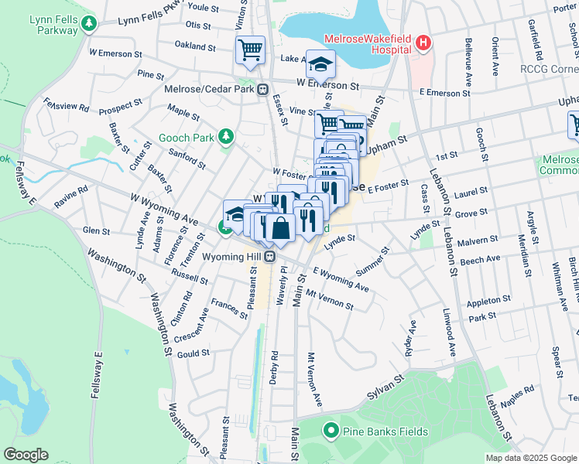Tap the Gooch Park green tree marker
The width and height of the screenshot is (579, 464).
point(226,138)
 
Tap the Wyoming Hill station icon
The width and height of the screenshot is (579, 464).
point(270,256)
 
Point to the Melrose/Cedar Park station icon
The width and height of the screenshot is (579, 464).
point(263,89)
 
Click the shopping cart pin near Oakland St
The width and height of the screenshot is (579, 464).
point(250,50)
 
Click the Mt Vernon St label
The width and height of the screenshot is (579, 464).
point(329,300)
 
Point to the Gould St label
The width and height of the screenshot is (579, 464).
point(194,353)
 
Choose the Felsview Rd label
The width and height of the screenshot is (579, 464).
point(67,104)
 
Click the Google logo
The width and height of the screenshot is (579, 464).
point(26,455)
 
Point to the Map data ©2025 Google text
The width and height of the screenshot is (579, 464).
point(530,458)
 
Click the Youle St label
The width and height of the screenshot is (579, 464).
point(204,7)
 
